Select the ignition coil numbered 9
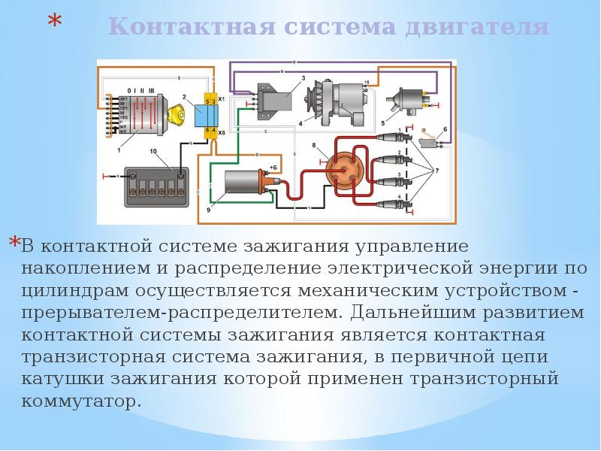pyautogui.click(x=241, y=184)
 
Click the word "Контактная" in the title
pyautogui.click(x=186, y=28)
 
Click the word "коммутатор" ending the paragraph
pyautogui.click(x=82, y=400)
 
